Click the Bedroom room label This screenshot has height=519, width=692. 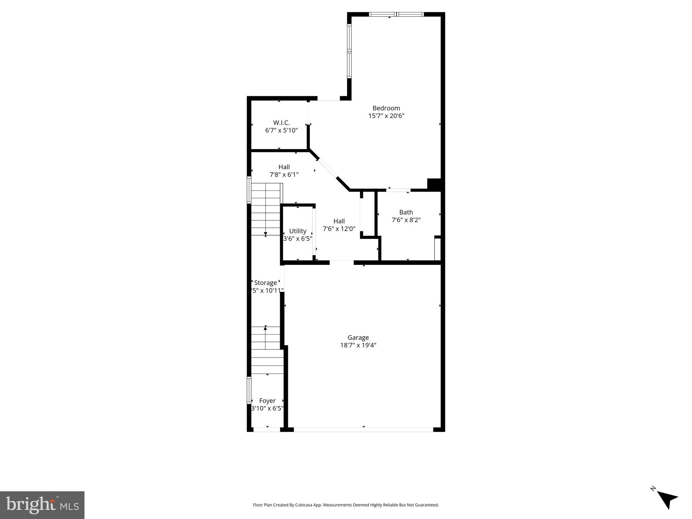[x=386, y=108]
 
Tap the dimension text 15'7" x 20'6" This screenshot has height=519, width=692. [x=386, y=116]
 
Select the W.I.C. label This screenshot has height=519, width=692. [x=281, y=123]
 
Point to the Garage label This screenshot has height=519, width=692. [x=358, y=338]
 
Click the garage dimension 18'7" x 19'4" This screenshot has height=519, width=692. [x=358, y=345]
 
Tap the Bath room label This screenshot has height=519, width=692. [x=406, y=212]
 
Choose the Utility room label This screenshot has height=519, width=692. [x=297, y=231]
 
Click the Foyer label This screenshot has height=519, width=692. [x=267, y=401]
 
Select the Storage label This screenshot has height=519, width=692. [x=265, y=283]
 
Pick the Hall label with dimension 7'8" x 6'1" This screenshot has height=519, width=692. [x=284, y=167]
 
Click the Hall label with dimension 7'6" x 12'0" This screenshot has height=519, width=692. [x=339, y=221]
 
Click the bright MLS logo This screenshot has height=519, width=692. [x=42, y=505]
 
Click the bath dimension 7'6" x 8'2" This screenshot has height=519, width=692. [x=406, y=220]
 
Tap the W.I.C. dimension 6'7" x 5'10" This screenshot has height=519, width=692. [x=281, y=130]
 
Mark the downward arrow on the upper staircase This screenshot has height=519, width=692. [x=265, y=234]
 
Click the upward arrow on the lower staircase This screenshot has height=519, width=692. [x=265, y=327]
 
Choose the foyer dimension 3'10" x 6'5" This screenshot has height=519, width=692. [x=267, y=409]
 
